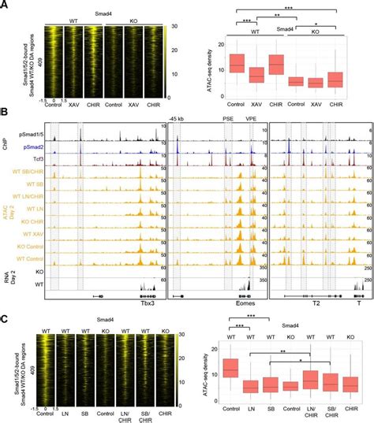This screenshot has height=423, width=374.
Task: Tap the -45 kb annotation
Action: (x=175, y=120)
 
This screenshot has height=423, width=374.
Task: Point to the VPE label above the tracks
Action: (x=252, y=120)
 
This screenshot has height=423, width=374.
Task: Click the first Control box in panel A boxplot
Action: (x=236, y=63)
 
